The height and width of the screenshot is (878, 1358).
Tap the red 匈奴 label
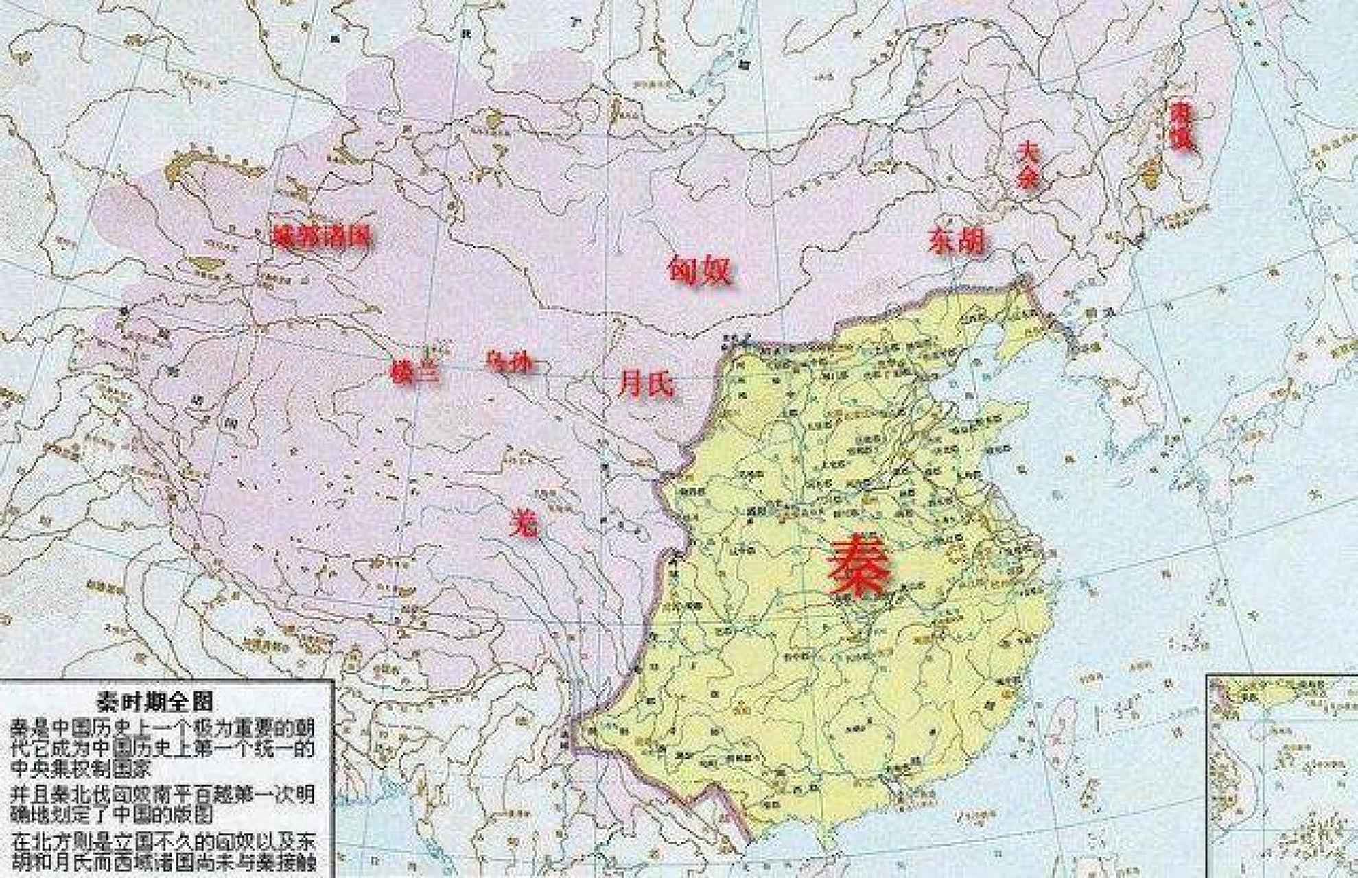700,270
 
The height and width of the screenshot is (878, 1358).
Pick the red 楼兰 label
414,372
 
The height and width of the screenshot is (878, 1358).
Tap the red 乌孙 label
508,361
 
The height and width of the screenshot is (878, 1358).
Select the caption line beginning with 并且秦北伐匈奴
163,794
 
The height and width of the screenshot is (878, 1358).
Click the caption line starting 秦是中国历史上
163,727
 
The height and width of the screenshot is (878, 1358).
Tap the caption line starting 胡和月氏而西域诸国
163,862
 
